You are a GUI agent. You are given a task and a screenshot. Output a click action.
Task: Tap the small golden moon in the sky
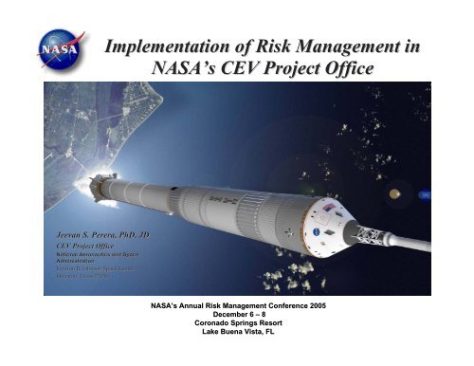(x=393, y=194)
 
